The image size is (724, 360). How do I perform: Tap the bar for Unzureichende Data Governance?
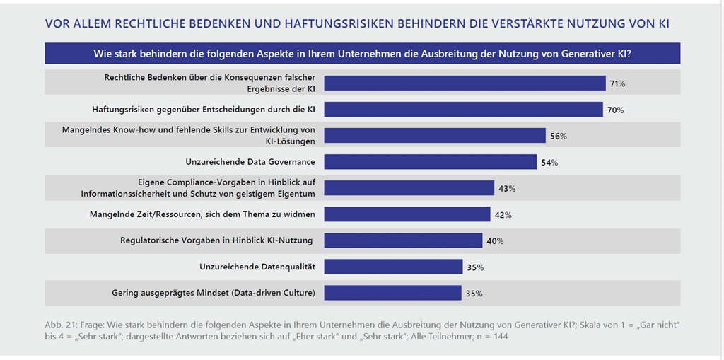[430, 162]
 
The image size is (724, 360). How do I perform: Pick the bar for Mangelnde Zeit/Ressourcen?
[407, 214]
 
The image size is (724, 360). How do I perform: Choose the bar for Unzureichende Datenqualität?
[392, 267]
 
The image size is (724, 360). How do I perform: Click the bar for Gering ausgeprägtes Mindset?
[392, 292]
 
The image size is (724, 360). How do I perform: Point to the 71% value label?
[617, 84]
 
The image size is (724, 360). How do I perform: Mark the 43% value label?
[507, 189]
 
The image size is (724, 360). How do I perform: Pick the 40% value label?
[495, 241]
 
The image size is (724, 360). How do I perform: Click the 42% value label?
[503, 215]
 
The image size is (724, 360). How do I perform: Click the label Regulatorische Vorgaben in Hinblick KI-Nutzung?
[216, 240]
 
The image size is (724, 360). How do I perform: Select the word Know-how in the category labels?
[133, 130]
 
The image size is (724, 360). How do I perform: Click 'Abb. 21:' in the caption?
[61, 325]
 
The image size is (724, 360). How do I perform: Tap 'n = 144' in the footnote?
[491, 337]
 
